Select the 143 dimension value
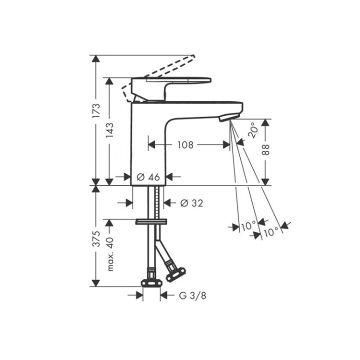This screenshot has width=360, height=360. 110,131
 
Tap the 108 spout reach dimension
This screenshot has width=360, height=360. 185,145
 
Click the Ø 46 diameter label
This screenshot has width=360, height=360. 147,176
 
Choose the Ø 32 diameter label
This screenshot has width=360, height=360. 190,202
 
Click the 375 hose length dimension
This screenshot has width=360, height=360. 96,240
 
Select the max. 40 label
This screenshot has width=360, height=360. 110,254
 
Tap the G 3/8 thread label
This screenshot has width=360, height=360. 193,295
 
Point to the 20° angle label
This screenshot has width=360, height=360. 254,129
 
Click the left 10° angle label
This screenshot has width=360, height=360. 248,226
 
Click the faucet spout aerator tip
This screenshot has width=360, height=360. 226,117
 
